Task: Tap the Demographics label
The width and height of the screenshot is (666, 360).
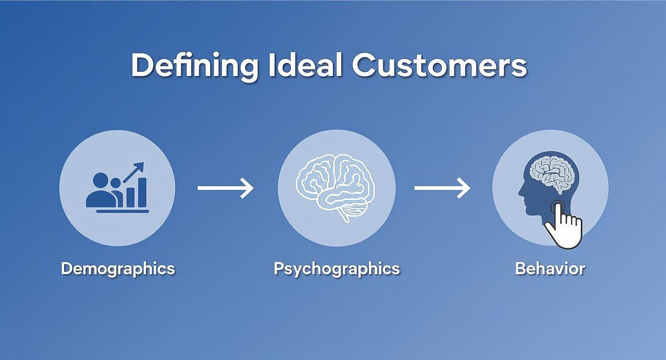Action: coord(118,269)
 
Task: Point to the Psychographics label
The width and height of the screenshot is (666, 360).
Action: coord(336,269)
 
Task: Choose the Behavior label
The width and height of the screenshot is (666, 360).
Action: coord(550,269)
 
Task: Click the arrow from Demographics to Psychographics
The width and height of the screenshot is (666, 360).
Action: coord(225,188)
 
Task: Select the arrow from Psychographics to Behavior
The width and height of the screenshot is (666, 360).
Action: coord(442,188)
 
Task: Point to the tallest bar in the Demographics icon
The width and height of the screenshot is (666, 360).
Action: coord(142,192)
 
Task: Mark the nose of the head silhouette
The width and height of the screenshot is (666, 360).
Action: coord(520,194)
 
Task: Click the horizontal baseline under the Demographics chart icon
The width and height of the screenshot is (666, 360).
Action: coord(122,211)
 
